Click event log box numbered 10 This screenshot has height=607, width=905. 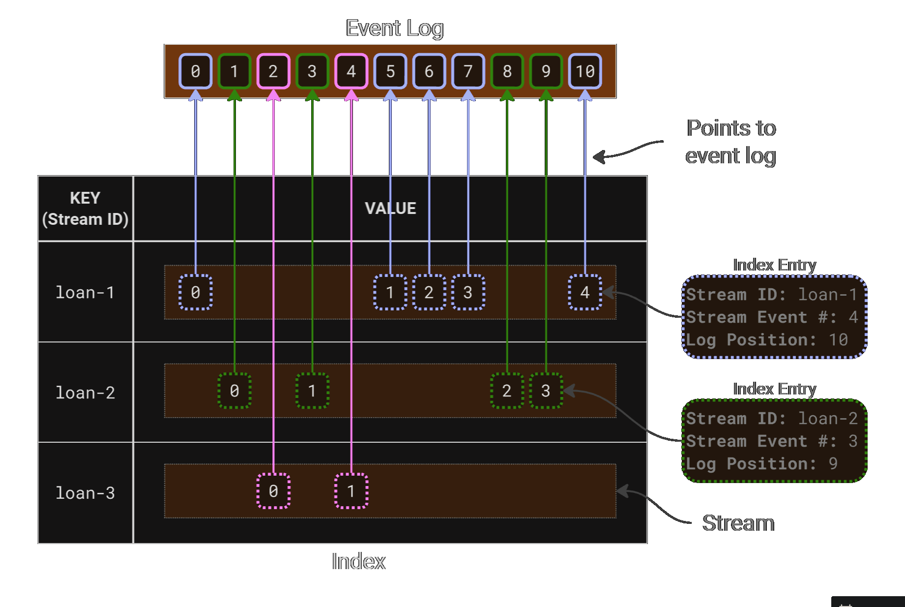point(584,71)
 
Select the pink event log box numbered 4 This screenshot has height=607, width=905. point(351,71)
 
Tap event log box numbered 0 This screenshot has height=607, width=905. point(195,71)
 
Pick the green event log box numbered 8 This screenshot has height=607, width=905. point(507,71)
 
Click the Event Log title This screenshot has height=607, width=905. point(394,28)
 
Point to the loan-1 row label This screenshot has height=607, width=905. point(85,293)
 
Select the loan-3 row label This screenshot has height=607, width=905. point(85,493)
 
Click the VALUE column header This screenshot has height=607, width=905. point(390,209)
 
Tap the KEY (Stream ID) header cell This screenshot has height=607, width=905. point(85,209)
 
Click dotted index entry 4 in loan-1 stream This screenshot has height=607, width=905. point(584,293)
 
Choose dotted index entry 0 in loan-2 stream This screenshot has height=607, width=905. point(234,391)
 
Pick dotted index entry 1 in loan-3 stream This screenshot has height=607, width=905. point(351,491)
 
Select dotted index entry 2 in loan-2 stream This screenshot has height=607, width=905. point(507,391)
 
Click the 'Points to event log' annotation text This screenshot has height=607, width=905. point(731,142)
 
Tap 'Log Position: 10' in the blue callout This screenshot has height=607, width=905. point(766,340)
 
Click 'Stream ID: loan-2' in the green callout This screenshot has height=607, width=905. point(771,419)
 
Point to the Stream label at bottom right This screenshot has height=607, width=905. point(738,523)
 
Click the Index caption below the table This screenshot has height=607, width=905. point(358,561)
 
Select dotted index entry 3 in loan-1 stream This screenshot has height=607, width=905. point(468,293)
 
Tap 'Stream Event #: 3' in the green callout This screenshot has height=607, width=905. point(771,441)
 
